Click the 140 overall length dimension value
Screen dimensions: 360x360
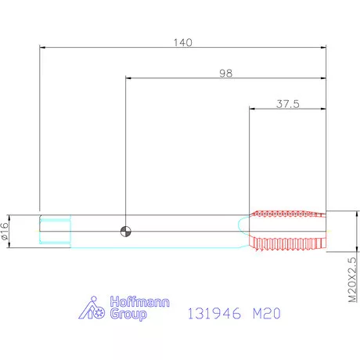[183, 42]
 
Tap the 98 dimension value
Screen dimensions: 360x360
[225, 74]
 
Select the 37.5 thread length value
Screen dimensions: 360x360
[288, 104]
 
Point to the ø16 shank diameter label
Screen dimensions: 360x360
[5, 231]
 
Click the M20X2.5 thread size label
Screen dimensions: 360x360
[352, 279]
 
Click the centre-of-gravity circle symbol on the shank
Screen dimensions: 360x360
[125, 232]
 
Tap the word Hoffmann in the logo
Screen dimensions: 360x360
[139, 301]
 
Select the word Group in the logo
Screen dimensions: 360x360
[128, 314]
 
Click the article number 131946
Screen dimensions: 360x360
[214, 313]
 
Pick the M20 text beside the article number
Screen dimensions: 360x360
[267, 313]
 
